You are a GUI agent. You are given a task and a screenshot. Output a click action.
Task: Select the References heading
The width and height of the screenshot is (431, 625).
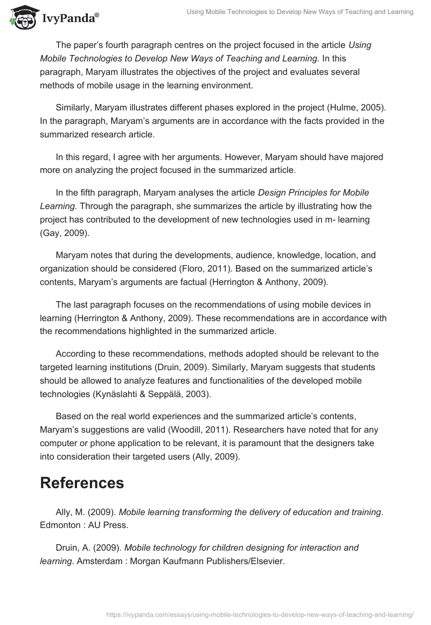[82, 468]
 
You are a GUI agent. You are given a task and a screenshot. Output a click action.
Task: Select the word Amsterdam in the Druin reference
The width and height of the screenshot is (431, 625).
[61, 561]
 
